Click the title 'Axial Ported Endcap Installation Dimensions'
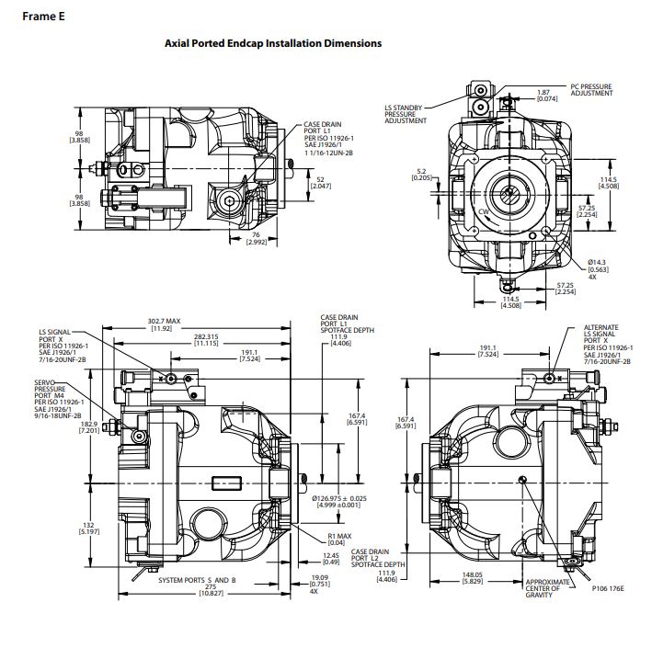click(x=272, y=43)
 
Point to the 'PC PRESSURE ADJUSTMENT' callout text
click(x=590, y=90)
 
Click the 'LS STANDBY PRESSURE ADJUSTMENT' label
click(x=406, y=114)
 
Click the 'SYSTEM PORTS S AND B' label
click(x=197, y=581)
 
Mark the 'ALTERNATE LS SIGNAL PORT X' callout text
click(x=601, y=345)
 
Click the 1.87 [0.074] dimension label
click(x=543, y=96)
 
